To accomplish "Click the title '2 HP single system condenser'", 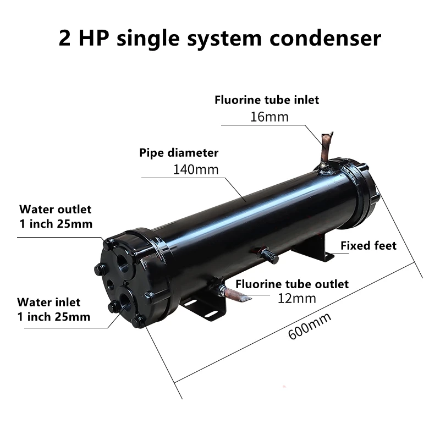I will pyautogui.click(x=219, y=38).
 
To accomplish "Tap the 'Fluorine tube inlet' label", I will pyautogui.click(x=266, y=100).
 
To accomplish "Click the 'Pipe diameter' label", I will pyautogui.click(x=179, y=153).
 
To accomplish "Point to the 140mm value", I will pyautogui.click(x=196, y=169).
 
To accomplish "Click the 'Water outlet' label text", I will pyautogui.click(x=55, y=210).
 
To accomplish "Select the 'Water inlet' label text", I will pyautogui.click(x=48, y=302).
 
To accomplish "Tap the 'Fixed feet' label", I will pyautogui.click(x=368, y=245).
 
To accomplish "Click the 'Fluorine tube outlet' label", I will pyautogui.click(x=292, y=284).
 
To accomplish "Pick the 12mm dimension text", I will pyautogui.click(x=298, y=299).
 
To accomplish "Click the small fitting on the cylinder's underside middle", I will pyautogui.click(x=268, y=254).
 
